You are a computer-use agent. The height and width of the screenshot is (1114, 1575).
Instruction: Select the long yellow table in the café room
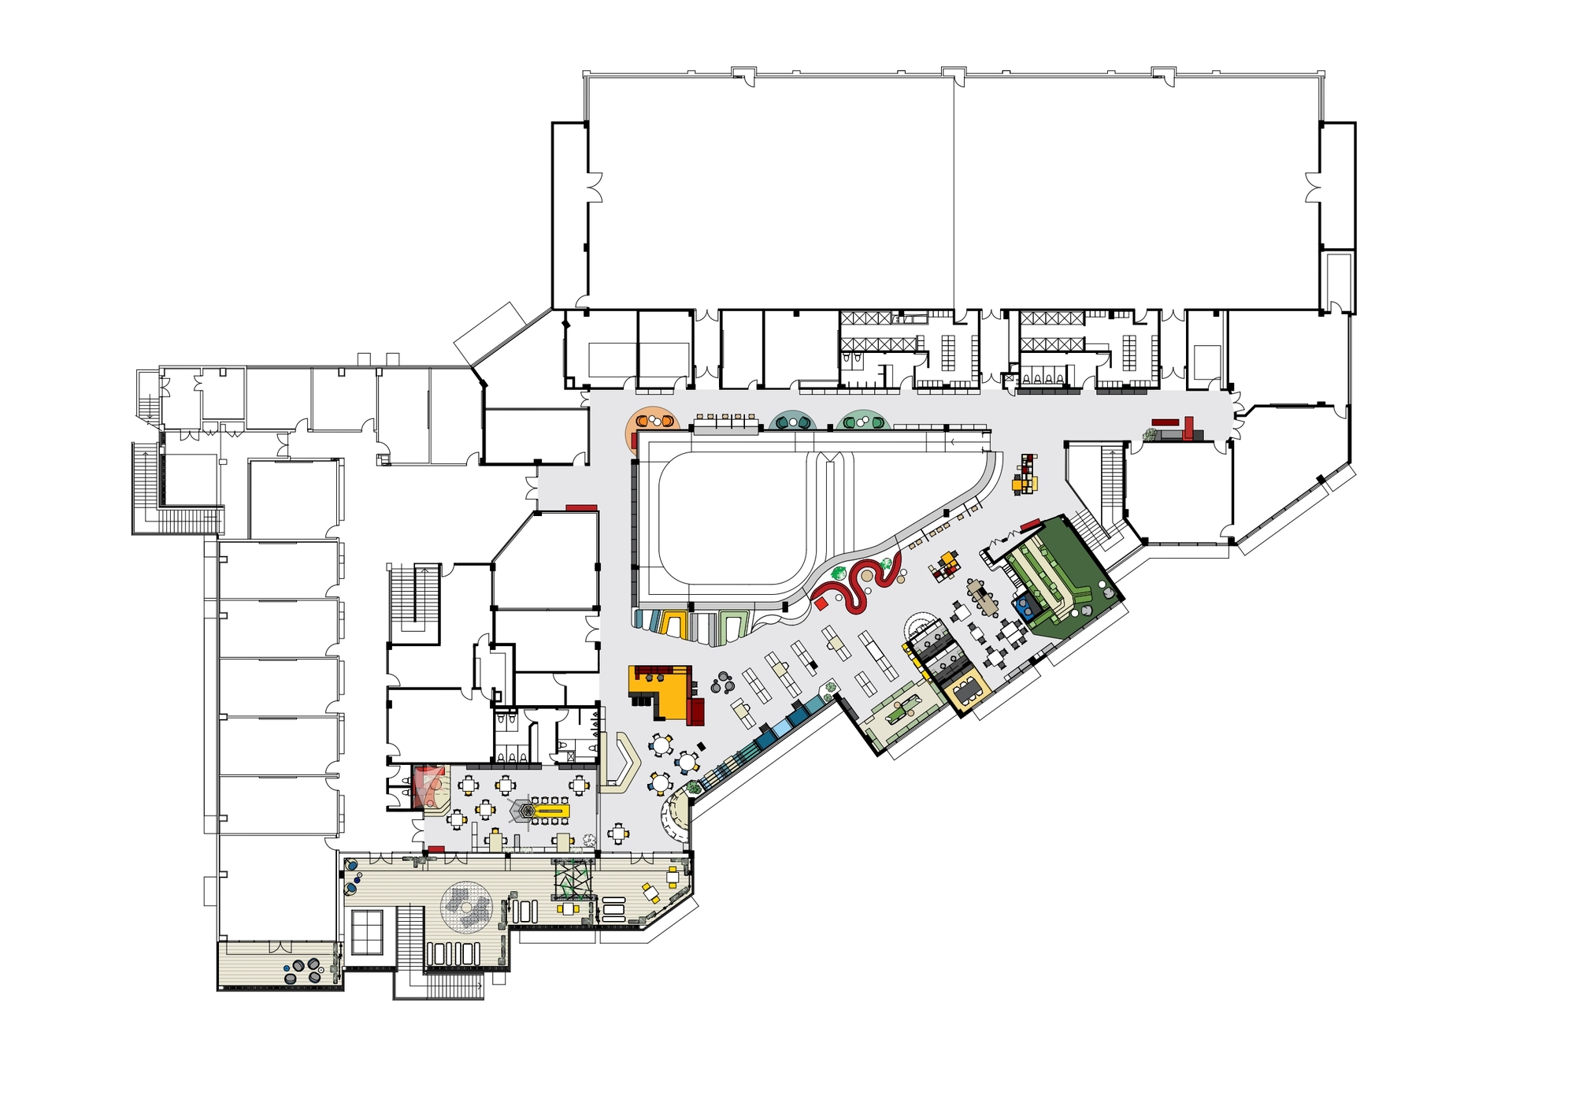(x=550, y=810)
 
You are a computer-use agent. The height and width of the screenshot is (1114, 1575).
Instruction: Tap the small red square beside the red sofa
(x=820, y=603)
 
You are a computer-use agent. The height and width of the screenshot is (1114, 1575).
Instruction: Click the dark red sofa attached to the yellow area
(x=695, y=710)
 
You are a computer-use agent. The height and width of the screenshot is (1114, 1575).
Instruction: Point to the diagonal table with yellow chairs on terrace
(x=651, y=893)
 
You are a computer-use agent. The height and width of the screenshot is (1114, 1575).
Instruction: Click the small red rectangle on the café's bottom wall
(x=435, y=848)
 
